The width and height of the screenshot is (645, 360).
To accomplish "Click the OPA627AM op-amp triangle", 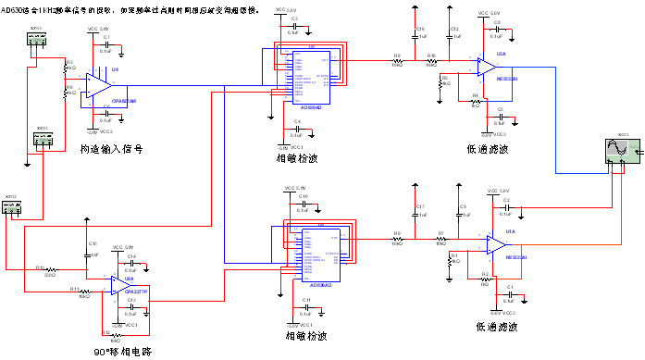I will click(x=97, y=84).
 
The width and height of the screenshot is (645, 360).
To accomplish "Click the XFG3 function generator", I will click(x=36, y=40).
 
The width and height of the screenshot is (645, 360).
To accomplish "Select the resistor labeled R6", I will click(x=68, y=92).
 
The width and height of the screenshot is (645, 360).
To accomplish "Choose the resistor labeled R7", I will click(x=441, y=238).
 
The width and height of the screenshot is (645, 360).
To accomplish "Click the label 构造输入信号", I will click(x=110, y=148).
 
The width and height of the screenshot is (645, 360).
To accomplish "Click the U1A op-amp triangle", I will click(x=495, y=243).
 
